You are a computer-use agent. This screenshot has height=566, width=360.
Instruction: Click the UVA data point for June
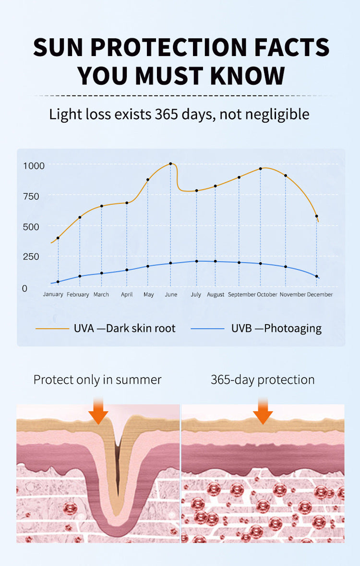coord(170,164)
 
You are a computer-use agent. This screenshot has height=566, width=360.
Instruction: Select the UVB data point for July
coord(196,261)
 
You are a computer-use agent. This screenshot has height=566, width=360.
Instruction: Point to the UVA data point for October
coord(260,168)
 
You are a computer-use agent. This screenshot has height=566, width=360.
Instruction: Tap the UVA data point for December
coord(316,216)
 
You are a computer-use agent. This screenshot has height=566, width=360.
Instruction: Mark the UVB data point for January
coord(58,282)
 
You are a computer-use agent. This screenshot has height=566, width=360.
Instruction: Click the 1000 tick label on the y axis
coord(34,165)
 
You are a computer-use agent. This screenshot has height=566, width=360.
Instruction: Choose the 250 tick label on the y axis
coord(31,256)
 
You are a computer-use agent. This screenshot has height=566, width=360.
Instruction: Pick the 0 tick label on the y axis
coord(24,288)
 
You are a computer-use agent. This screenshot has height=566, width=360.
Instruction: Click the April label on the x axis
coord(127,295)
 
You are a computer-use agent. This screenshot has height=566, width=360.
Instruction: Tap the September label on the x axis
coord(241,295)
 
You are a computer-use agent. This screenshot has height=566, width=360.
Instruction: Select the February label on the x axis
coord(78,295)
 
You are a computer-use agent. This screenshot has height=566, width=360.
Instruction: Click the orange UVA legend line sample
coord(52,329)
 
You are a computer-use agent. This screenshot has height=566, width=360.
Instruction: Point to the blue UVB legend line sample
coord(207,329)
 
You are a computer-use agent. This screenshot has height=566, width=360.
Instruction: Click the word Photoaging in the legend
coord(293,329)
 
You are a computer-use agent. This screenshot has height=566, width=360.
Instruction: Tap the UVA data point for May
coord(148,180)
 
